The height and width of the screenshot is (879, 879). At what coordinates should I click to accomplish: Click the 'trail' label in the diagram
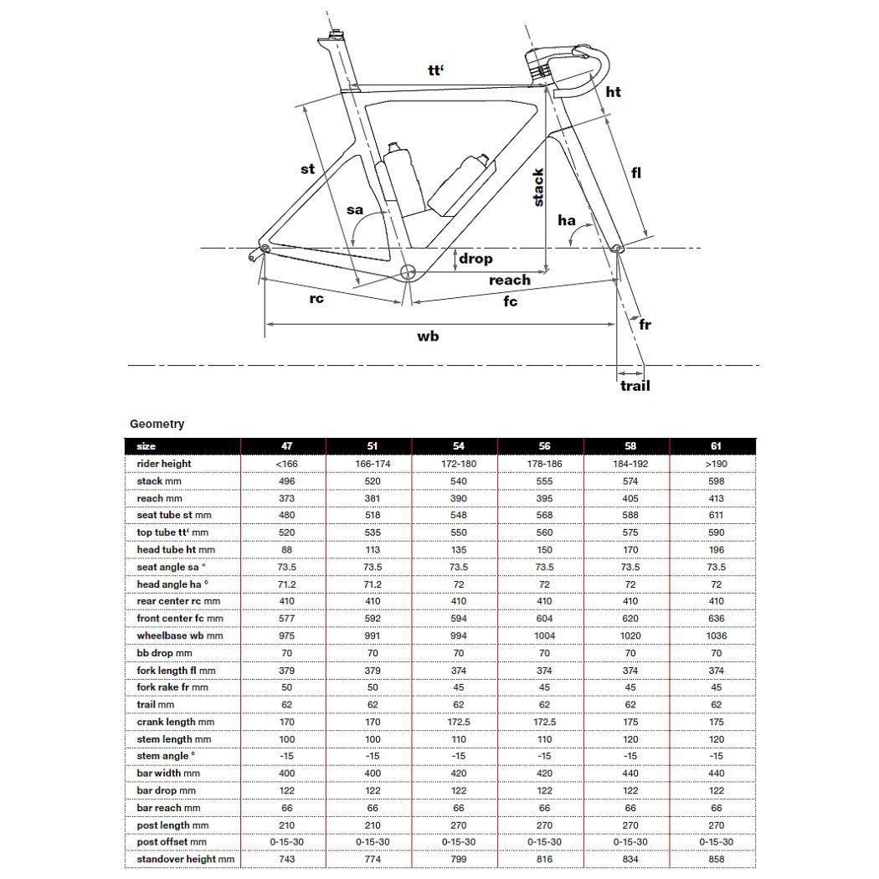[x=635, y=386]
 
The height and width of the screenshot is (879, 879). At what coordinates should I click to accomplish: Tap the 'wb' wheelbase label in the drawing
[x=428, y=336]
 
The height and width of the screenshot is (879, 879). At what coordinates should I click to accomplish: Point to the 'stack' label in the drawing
[x=537, y=188]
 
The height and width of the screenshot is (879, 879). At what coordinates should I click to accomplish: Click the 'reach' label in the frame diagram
[x=510, y=280]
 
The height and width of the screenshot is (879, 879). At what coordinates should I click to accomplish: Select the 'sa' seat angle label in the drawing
[x=355, y=210]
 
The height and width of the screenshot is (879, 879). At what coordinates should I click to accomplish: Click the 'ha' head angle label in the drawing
[x=567, y=219]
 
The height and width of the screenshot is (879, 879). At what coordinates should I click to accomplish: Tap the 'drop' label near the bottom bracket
[x=475, y=259]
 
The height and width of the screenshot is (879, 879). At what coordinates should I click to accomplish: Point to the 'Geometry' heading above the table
[x=157, y=424]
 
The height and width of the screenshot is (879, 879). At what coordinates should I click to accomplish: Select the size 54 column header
[x=459, y=446]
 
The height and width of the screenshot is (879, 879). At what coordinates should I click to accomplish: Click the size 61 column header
[x=716, y=446]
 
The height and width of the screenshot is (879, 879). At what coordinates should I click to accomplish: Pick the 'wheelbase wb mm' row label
[x=180, y=635]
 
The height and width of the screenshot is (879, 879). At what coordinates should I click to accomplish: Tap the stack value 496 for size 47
[x=286, y=481]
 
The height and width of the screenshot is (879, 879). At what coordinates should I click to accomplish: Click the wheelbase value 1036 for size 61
[x=717, y=635]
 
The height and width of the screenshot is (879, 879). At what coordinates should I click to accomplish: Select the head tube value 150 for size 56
[x=544, y=550]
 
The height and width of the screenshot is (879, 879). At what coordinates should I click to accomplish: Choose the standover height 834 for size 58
[x=630, y=859]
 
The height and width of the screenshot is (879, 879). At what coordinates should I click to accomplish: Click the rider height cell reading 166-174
[x=373, y=464]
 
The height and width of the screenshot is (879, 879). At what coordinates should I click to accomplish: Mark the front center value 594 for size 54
[x=459, y=619]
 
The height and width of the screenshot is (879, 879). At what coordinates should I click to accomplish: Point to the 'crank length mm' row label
[x=176, y=722]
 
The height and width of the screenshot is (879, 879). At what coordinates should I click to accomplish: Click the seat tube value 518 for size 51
[x=373, y=515]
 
